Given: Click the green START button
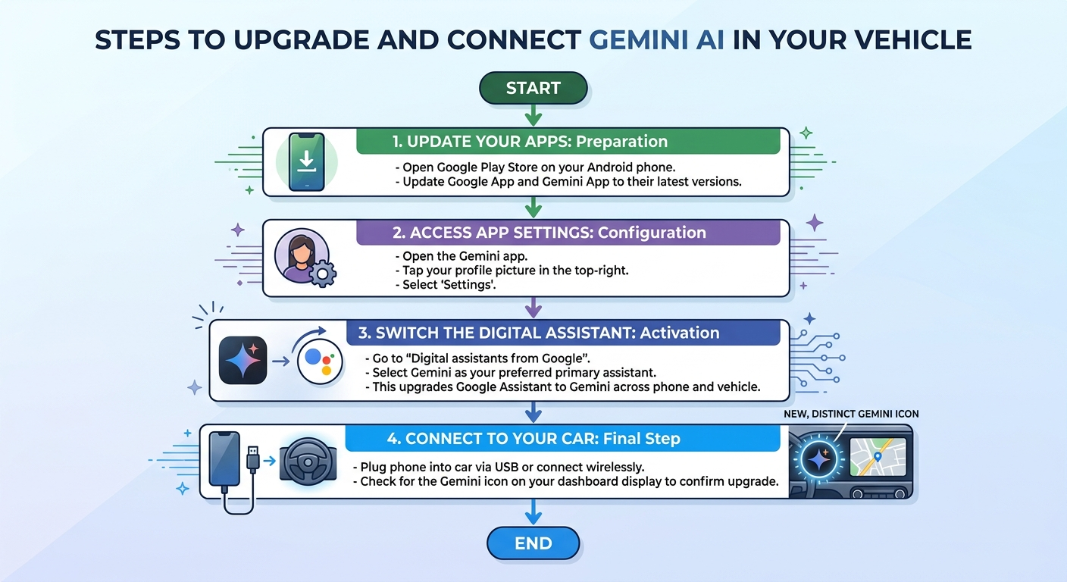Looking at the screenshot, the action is [x=533, y=88].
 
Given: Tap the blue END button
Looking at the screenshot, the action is [x=533, y=543].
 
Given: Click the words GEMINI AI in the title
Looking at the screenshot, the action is [x=656, y=39].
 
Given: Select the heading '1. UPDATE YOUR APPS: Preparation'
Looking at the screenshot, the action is [x=530, y=142].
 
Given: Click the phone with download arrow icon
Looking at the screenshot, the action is [x=307, y=162].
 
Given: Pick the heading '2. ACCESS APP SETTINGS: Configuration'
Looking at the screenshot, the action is [x=549, y=233].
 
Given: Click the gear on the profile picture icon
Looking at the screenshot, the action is [x=323, y=274].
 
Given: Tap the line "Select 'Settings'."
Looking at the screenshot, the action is [x=446, y=285].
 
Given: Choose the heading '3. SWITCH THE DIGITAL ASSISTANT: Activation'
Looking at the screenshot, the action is [x=539, y=333].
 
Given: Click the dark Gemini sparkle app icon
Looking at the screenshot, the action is [x=243, y=360].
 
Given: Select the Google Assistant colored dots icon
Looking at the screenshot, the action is [x=320, y=361].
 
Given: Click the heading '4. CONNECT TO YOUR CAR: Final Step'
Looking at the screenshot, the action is [x=533, y=438].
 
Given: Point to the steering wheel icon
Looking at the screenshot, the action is [x=308, y=462].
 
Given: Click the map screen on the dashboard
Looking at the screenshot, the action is [x=878, y=457].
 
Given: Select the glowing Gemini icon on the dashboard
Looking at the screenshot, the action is [x=818, y=459].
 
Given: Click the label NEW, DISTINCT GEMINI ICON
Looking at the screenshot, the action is [x=851, y=414].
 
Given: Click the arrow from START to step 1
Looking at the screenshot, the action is [x=533, y=115].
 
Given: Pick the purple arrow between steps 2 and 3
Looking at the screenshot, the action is [x=533, y=308].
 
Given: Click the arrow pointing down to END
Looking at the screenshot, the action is [x=533, y=512].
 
